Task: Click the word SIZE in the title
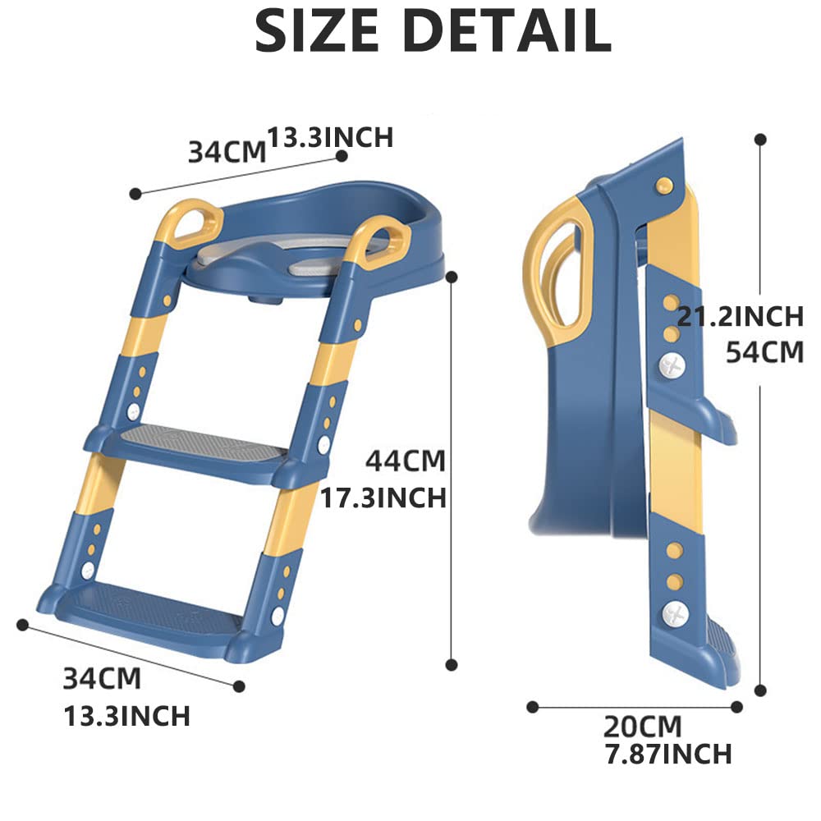coord(316,31)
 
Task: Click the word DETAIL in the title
coord(508,31)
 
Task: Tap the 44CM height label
coord(406,461)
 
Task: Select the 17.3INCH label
coord(383,498)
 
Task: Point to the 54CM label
coord(764,352)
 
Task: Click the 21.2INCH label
coord(741,316)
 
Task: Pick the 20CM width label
coord(643,727)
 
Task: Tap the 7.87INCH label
coord(668,754)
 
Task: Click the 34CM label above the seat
coord(227,153)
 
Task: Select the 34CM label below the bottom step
coord(102,679)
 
